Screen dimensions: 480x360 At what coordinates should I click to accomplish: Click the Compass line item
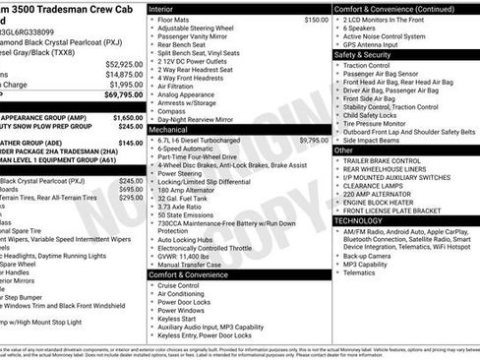point(171,110)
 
